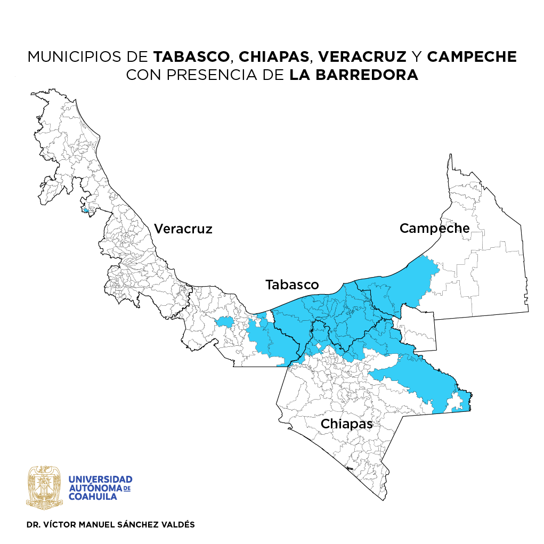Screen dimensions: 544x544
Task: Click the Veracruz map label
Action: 183,229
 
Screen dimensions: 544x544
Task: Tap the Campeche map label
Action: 434,229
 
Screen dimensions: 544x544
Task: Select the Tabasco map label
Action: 292,285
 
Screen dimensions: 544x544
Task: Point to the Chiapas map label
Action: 346,424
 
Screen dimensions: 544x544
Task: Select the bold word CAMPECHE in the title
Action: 472,57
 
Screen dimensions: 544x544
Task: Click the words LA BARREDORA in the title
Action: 354,75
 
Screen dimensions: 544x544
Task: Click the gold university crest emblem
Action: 45,487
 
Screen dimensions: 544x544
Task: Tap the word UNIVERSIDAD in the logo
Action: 101,480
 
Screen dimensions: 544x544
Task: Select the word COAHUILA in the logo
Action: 92,497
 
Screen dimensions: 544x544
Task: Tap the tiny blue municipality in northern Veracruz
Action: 85,210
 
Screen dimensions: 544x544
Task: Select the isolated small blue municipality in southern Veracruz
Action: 224,321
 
